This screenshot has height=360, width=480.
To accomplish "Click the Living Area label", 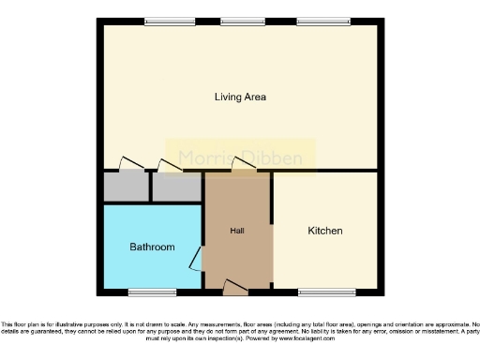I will pyautogui.click(x=241, y=97).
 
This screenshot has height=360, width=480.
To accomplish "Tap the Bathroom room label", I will pyautogui.click(x=152, y=247).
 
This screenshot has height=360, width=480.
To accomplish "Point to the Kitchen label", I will pyautogui.click(x=325, y=231).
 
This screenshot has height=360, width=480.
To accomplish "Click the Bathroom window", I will pyautogui.click(x=152, y=291).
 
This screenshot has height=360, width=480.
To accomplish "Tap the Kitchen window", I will pyautogui.click(x=326, y=291).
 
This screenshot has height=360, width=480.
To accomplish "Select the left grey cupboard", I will pyautogui.click(x=127, y=187).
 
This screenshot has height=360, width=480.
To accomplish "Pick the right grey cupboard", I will pyautogui.click(x=176, y=187).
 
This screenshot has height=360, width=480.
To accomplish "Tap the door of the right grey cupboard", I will pyautogui.click(x=170, y=165).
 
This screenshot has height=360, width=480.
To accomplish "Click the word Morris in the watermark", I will pyautogui.click(x=204, y=157).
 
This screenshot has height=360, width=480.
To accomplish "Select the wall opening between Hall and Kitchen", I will pyautogui.click(x=273, y=253).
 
